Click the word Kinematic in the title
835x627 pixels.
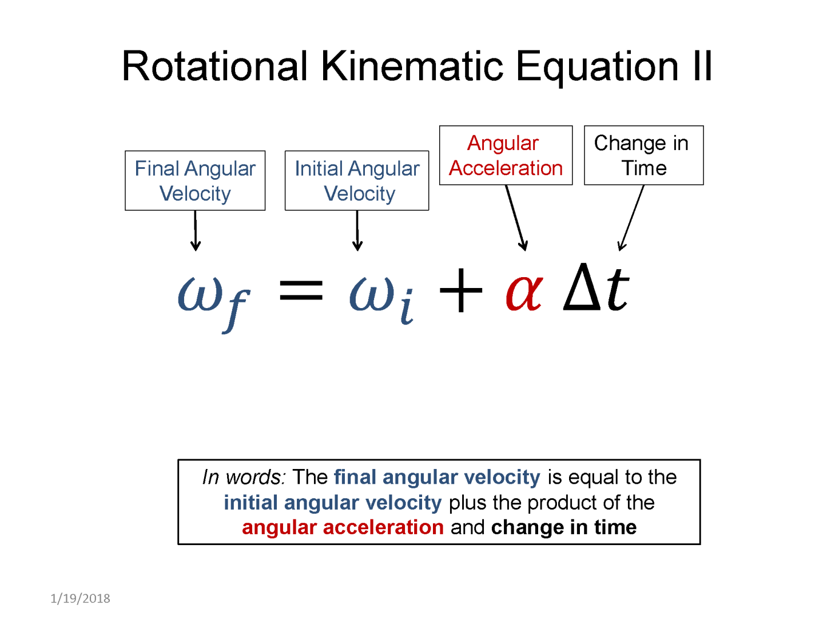pos(412,66)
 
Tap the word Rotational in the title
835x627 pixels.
pos(214,66)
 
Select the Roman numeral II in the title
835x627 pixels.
pos(702,66)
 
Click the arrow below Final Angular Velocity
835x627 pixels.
pos(196,231)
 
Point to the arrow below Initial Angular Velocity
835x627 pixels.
pos(357,231)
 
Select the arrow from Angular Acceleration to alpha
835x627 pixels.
pos(516,218)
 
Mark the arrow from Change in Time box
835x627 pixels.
pos(631,218)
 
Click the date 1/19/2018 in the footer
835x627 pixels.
pos(80,599)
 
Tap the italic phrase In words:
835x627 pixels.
pos(244,478)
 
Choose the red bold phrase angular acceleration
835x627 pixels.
pos(343,527)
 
